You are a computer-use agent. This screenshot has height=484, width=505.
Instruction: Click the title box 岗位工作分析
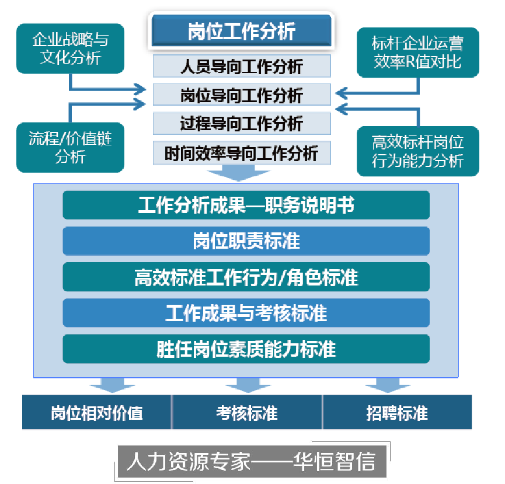[x=242, y=30]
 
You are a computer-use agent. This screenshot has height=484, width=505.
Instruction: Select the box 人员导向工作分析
[x=242, y=66]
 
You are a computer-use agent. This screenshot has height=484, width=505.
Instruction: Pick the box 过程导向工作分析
[x=242, y=123]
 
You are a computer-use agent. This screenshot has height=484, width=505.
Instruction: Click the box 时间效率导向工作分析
[x=242, y=153]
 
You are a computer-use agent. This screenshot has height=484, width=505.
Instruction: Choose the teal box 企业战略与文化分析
[x=70, y=49]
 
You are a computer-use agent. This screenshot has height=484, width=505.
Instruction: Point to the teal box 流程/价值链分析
[x=70, y=147]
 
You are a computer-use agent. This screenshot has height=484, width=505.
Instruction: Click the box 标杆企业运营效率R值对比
[x=418, y=52]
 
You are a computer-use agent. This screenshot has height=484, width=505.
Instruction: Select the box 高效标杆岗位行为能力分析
[x=418, y=151]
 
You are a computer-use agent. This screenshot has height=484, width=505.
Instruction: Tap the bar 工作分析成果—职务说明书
[x=246, y=205]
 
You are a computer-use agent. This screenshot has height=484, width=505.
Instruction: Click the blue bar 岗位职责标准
[x=246, y=241]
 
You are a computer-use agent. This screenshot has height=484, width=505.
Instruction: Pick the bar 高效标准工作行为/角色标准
[x=246, y=277]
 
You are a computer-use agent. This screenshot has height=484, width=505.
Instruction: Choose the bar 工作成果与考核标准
[x=246, y=313]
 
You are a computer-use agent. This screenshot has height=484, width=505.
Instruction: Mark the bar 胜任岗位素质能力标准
[x=246, y=349]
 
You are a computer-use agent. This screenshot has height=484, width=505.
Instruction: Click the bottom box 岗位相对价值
[x=96, y=413]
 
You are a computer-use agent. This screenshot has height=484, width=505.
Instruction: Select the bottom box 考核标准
[x=247, y=413]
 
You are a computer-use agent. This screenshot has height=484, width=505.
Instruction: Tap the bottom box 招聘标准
[x=397, y=413]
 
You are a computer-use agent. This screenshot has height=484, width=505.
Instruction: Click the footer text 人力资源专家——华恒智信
[x=250, y=461]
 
